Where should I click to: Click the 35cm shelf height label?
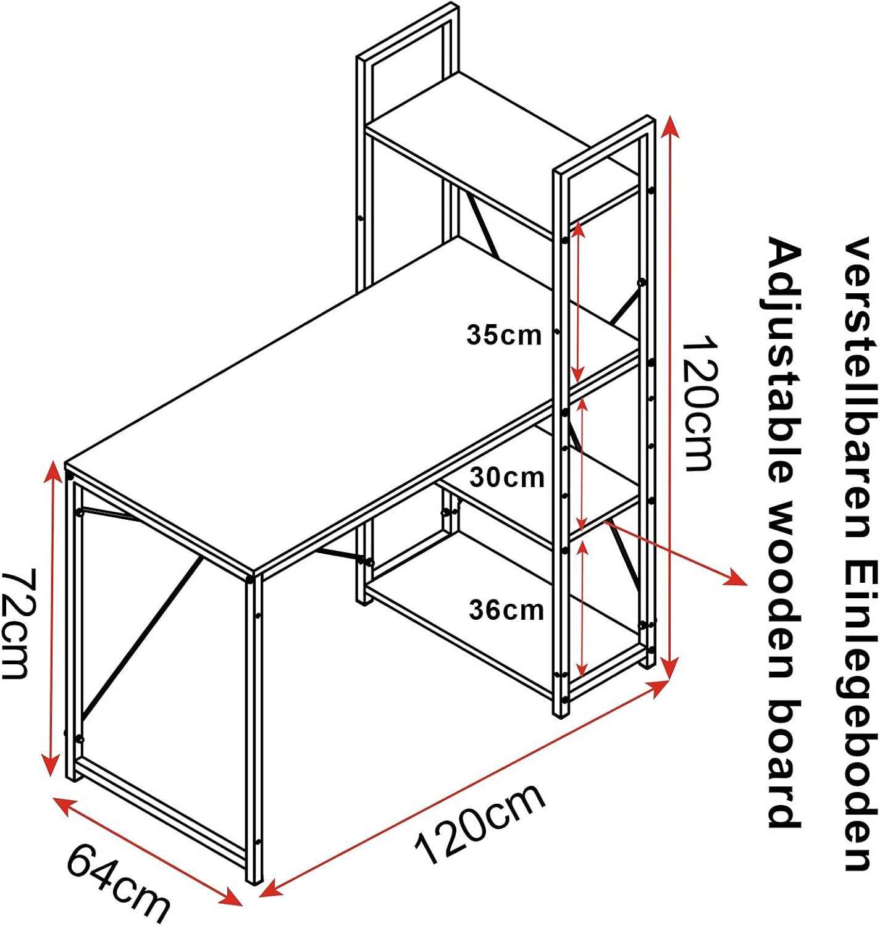[504, 335]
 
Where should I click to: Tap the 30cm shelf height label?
[507, 477]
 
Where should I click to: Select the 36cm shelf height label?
[506, 610]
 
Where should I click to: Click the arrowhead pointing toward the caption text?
[736, 578]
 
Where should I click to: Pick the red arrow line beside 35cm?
[577, 302]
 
